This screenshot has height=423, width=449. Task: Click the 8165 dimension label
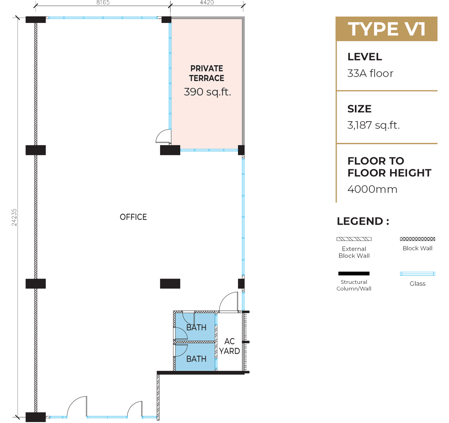point(103,3)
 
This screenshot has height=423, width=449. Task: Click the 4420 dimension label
point(207,3)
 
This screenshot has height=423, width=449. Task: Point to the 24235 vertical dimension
point(14,217)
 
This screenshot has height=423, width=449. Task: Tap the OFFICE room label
point(133,217)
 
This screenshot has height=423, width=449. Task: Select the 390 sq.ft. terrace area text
point(207,92)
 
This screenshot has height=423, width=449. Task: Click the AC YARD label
point(230,346)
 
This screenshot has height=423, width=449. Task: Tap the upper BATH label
point(196,327)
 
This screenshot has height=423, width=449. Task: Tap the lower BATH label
point(196,359)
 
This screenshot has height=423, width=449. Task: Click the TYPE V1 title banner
point(386,29)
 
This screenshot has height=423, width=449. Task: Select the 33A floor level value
point(370,73)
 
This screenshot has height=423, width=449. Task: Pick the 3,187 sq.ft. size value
point(373,125)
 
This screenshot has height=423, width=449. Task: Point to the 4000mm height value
point(372,189)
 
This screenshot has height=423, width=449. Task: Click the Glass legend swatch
point(417,274)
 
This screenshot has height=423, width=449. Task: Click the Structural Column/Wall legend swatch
point(354,274)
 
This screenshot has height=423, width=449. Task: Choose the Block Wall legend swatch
point(417,239)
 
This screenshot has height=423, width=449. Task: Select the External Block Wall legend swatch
point(354,239)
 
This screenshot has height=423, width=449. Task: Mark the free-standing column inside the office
point(170,284)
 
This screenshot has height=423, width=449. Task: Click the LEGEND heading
point(363,221)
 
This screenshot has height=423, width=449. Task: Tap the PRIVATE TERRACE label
point(207,73)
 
